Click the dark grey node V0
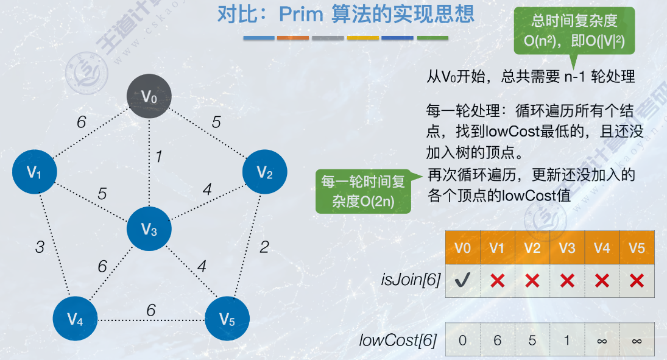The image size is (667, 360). click(149, 96)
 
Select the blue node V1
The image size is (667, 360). click(35, 172)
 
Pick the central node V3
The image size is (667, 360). click(149, 230)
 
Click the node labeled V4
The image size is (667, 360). click(75, 319)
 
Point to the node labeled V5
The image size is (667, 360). click(227, 319)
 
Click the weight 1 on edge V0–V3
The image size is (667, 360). click(158, 157)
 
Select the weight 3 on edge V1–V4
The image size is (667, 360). click(40, 247)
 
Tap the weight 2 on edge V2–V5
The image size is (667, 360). click(264, 247)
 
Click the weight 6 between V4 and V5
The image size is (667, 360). click(151, 310)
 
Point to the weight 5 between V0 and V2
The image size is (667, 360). click(216, 122)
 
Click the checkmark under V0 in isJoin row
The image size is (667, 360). click(463, 280)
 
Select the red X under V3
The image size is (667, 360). click(567, 280)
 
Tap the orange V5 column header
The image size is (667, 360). click(637, 248)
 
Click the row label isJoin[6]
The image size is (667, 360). click(410, 281)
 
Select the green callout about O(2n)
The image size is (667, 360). click(363, 191)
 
